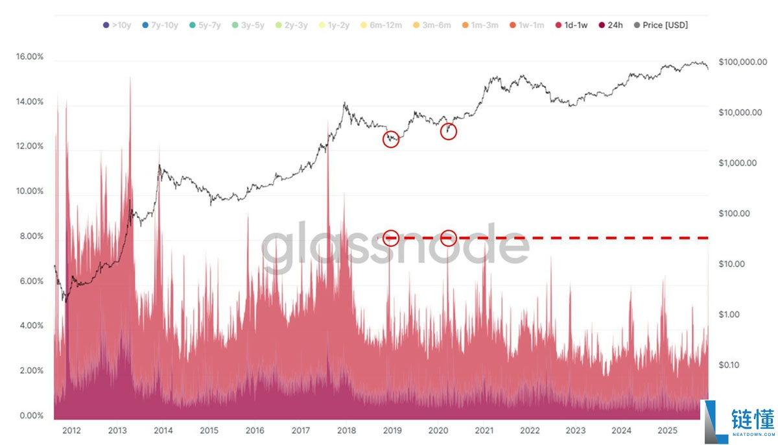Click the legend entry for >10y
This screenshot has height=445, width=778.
[118, 25]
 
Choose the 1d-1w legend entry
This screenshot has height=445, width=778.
[571, 25]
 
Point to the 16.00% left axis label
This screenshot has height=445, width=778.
[30, 57]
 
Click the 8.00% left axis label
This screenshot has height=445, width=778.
[30, 237]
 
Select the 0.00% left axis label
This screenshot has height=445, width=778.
[30, 416]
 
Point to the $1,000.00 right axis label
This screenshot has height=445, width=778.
[737, 163]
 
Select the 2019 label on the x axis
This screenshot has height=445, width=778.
[392, 430]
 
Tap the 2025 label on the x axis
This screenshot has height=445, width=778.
[667, 430]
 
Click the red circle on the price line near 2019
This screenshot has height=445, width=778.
[391, 139]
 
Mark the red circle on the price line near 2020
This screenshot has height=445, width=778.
[449, 131]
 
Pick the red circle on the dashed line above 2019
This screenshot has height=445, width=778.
[391, 238]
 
